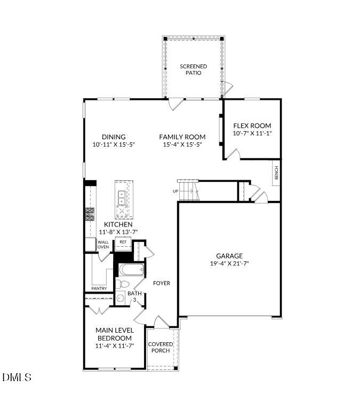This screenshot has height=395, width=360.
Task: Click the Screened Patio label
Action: [193, 69]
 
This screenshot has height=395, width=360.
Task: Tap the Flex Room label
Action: [252, 126]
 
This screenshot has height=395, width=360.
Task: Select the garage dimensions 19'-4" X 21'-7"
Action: [229, 263]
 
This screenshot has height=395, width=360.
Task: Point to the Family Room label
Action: [182, 137]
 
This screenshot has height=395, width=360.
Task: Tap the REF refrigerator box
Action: [123, 242]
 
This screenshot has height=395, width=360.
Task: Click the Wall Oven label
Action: [103, 245]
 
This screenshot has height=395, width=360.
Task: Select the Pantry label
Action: [99, 288]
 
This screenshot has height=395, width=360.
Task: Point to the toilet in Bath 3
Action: [122, 284]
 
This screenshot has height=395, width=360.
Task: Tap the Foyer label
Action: [162, 283]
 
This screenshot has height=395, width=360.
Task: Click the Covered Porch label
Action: [161, 347]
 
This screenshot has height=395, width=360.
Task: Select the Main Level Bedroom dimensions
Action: [114, 346]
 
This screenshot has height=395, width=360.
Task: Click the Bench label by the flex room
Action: [276, 173]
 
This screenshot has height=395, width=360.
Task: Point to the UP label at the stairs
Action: [175, 191]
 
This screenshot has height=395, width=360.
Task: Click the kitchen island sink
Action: [122, 198]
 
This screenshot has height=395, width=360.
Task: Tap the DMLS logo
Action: [17, 377]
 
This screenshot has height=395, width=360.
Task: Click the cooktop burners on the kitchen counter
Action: [89, 214]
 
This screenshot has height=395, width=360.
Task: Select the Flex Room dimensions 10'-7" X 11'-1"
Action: [252, 133]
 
